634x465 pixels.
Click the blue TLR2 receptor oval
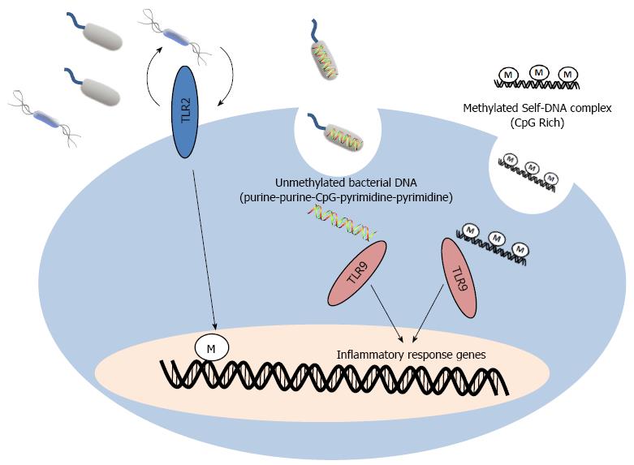click(x=185, y=112)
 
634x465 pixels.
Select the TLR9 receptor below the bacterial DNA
click(x=356, y=273)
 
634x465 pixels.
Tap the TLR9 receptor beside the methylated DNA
click(x=459, y=278)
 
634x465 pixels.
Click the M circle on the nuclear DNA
click(x=211, y=348)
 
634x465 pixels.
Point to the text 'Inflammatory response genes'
click(x=412, y=355)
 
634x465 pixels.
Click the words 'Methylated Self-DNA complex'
click(x=537, y=109)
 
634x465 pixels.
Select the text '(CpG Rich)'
click(x=537, y=123)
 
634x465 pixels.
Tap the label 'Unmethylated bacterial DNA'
click(x=346, y=183)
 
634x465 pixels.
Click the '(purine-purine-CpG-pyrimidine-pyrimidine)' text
click(x=346, y=198)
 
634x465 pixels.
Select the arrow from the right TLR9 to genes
click(x=428, y=312)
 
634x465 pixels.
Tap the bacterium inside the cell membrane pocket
click(x=336, y=132)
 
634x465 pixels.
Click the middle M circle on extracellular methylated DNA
click(x=538, y=72)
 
